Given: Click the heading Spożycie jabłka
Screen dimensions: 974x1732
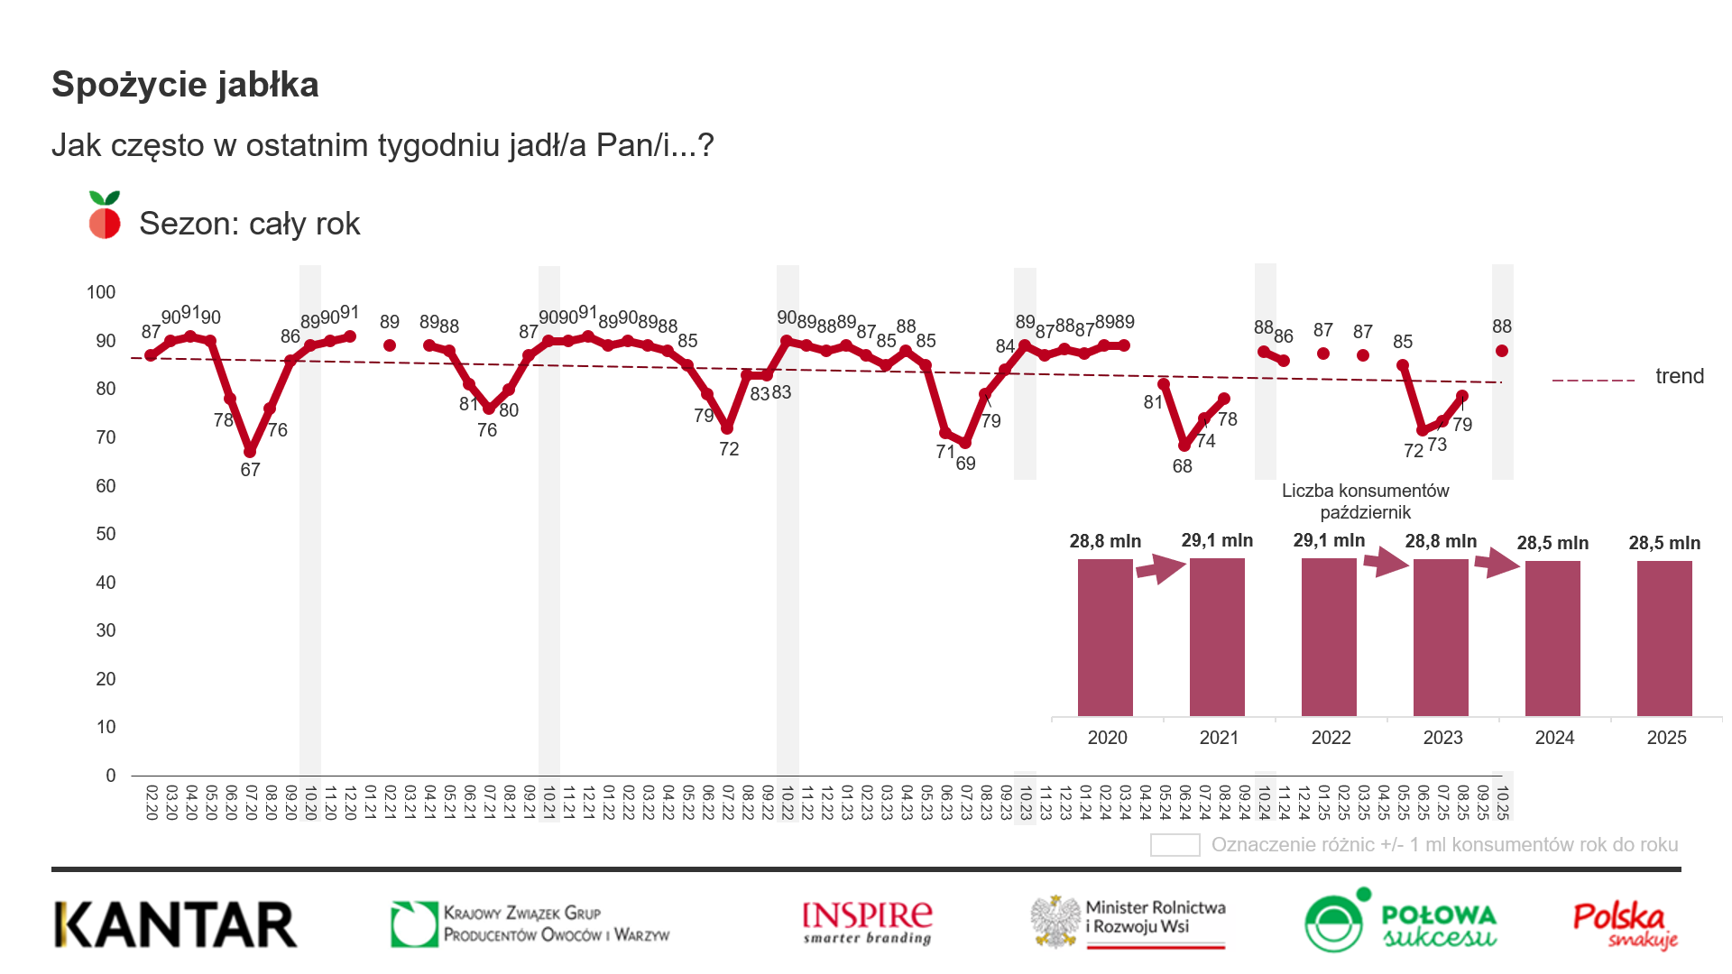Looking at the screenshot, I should click(x=185, y=85).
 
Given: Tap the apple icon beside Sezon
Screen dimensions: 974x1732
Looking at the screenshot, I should click(x=105, y=216).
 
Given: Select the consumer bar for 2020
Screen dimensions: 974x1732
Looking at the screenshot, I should click(x=1105, y=637).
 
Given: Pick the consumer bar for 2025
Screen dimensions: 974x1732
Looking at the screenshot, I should click(x=1664, y=638).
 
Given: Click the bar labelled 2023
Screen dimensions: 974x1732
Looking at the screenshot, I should click(x=1441, y=637).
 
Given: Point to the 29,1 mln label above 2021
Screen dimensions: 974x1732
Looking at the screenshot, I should click(x=1217, y=540).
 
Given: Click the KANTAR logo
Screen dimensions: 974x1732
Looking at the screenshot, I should click(x=176, y=924).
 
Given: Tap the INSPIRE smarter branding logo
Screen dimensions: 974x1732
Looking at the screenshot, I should click(x=867, y=923).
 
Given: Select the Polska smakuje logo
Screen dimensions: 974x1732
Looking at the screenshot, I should click(x=1625, y=924).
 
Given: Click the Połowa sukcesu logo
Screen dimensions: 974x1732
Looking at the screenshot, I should click(x=1400, y=922).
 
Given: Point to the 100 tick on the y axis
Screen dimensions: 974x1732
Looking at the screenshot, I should click(x=101, y=292).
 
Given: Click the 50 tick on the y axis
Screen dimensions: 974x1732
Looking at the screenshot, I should click(x=106, y=534).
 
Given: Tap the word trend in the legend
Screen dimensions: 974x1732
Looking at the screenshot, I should click(x=1679, y=376).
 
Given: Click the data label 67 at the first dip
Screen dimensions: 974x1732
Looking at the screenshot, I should click(x=250, y=470).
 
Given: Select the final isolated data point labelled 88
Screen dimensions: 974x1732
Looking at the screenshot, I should click(x=1501, y=351).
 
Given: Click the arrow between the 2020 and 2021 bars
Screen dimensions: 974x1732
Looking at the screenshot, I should click(x=1160, y=568).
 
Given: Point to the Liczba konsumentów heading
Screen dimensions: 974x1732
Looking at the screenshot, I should click(x=1365, y=491).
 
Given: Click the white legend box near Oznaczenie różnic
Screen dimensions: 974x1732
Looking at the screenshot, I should click(x=1175, y=845).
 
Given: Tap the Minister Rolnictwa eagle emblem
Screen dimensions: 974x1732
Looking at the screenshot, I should click(x=1056, y=922).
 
